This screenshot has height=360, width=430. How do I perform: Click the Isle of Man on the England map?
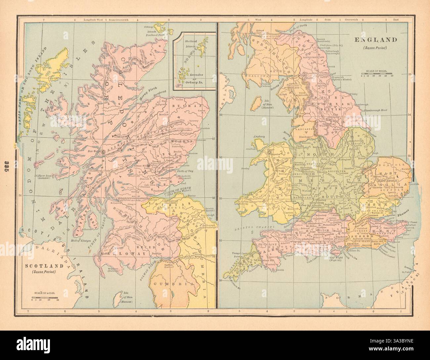pyautogui.click(x=255, y=104)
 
